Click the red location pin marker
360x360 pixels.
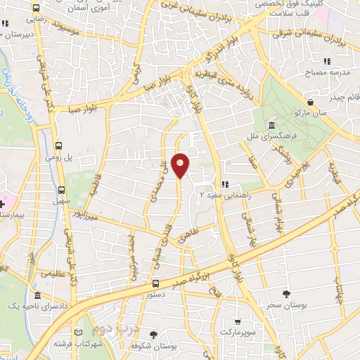click(x=180, y=165)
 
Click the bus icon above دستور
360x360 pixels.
click(x=155, y=284)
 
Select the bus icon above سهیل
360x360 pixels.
click(x=61, y=189)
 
